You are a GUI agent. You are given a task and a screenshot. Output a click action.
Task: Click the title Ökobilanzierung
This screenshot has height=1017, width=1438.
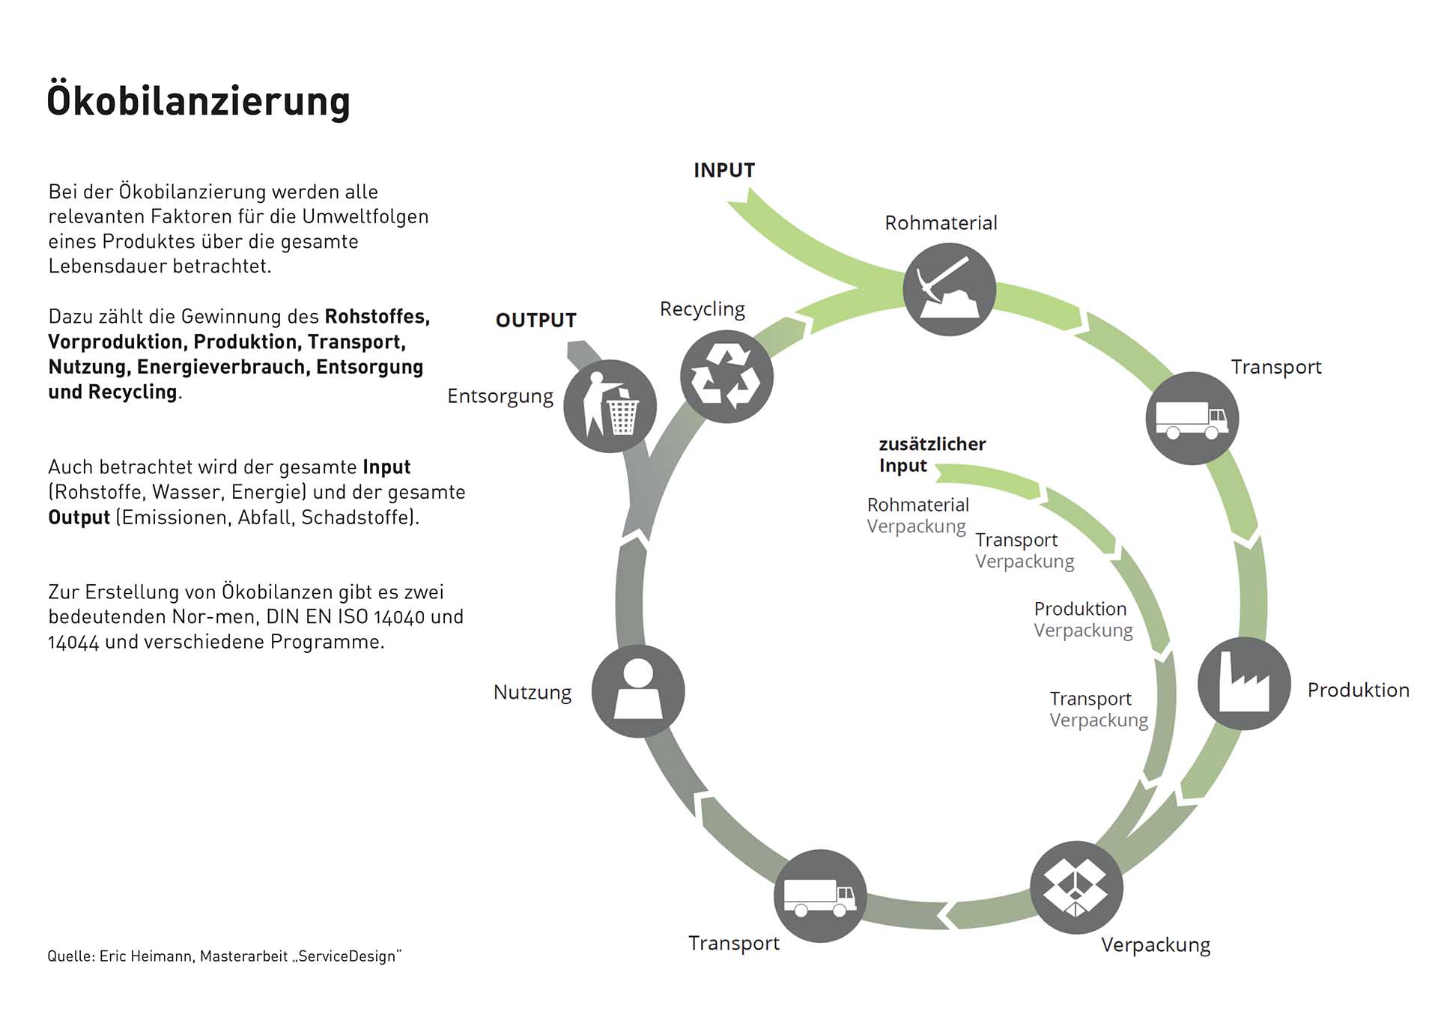198,102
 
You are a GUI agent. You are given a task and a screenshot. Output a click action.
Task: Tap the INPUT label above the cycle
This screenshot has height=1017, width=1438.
723,171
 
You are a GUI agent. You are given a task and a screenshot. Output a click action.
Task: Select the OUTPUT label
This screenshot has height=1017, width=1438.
536,321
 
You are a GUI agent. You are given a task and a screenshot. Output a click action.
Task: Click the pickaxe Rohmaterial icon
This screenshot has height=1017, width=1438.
949,290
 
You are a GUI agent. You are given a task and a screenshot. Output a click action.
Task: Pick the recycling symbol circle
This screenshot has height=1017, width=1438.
726,377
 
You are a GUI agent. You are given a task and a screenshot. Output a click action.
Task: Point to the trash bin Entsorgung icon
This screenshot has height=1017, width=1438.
610,407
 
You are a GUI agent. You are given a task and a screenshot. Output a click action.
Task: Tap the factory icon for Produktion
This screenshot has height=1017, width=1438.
1243,684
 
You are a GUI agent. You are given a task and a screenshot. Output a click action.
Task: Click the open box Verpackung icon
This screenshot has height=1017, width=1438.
1076,887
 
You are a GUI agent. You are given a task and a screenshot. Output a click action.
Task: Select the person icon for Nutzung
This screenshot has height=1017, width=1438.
638,691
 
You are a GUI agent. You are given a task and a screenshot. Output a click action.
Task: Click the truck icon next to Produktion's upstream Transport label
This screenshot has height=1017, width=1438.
1192,419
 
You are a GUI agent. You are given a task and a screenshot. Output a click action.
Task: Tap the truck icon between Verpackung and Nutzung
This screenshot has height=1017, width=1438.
820,896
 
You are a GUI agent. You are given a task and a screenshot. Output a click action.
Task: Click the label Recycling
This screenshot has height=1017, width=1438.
702,309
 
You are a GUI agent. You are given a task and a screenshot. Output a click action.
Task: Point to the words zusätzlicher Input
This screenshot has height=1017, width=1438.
932,455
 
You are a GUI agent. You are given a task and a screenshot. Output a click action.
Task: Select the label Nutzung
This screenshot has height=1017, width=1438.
532,693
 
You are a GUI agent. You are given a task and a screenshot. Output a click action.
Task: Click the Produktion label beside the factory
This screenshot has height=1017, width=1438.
1358,690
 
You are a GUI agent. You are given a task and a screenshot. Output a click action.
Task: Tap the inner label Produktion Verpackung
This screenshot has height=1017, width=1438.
1083,619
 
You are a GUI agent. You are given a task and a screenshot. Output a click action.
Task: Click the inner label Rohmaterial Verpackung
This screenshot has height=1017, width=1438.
917,515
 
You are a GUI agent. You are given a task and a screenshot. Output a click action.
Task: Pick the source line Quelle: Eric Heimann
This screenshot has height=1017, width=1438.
224,956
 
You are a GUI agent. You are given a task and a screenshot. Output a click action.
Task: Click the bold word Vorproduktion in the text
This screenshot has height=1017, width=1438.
115,342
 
